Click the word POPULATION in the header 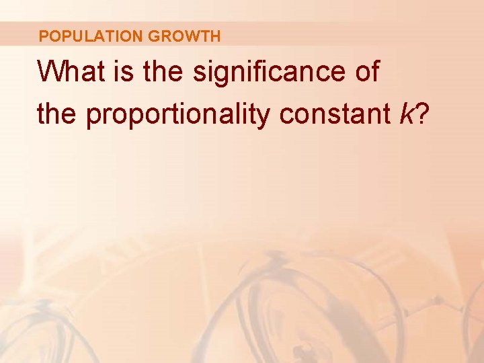91,36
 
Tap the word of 367,71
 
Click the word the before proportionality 58,114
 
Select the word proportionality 179,116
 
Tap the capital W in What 50,71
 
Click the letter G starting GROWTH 153,36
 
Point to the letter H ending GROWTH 214,36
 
